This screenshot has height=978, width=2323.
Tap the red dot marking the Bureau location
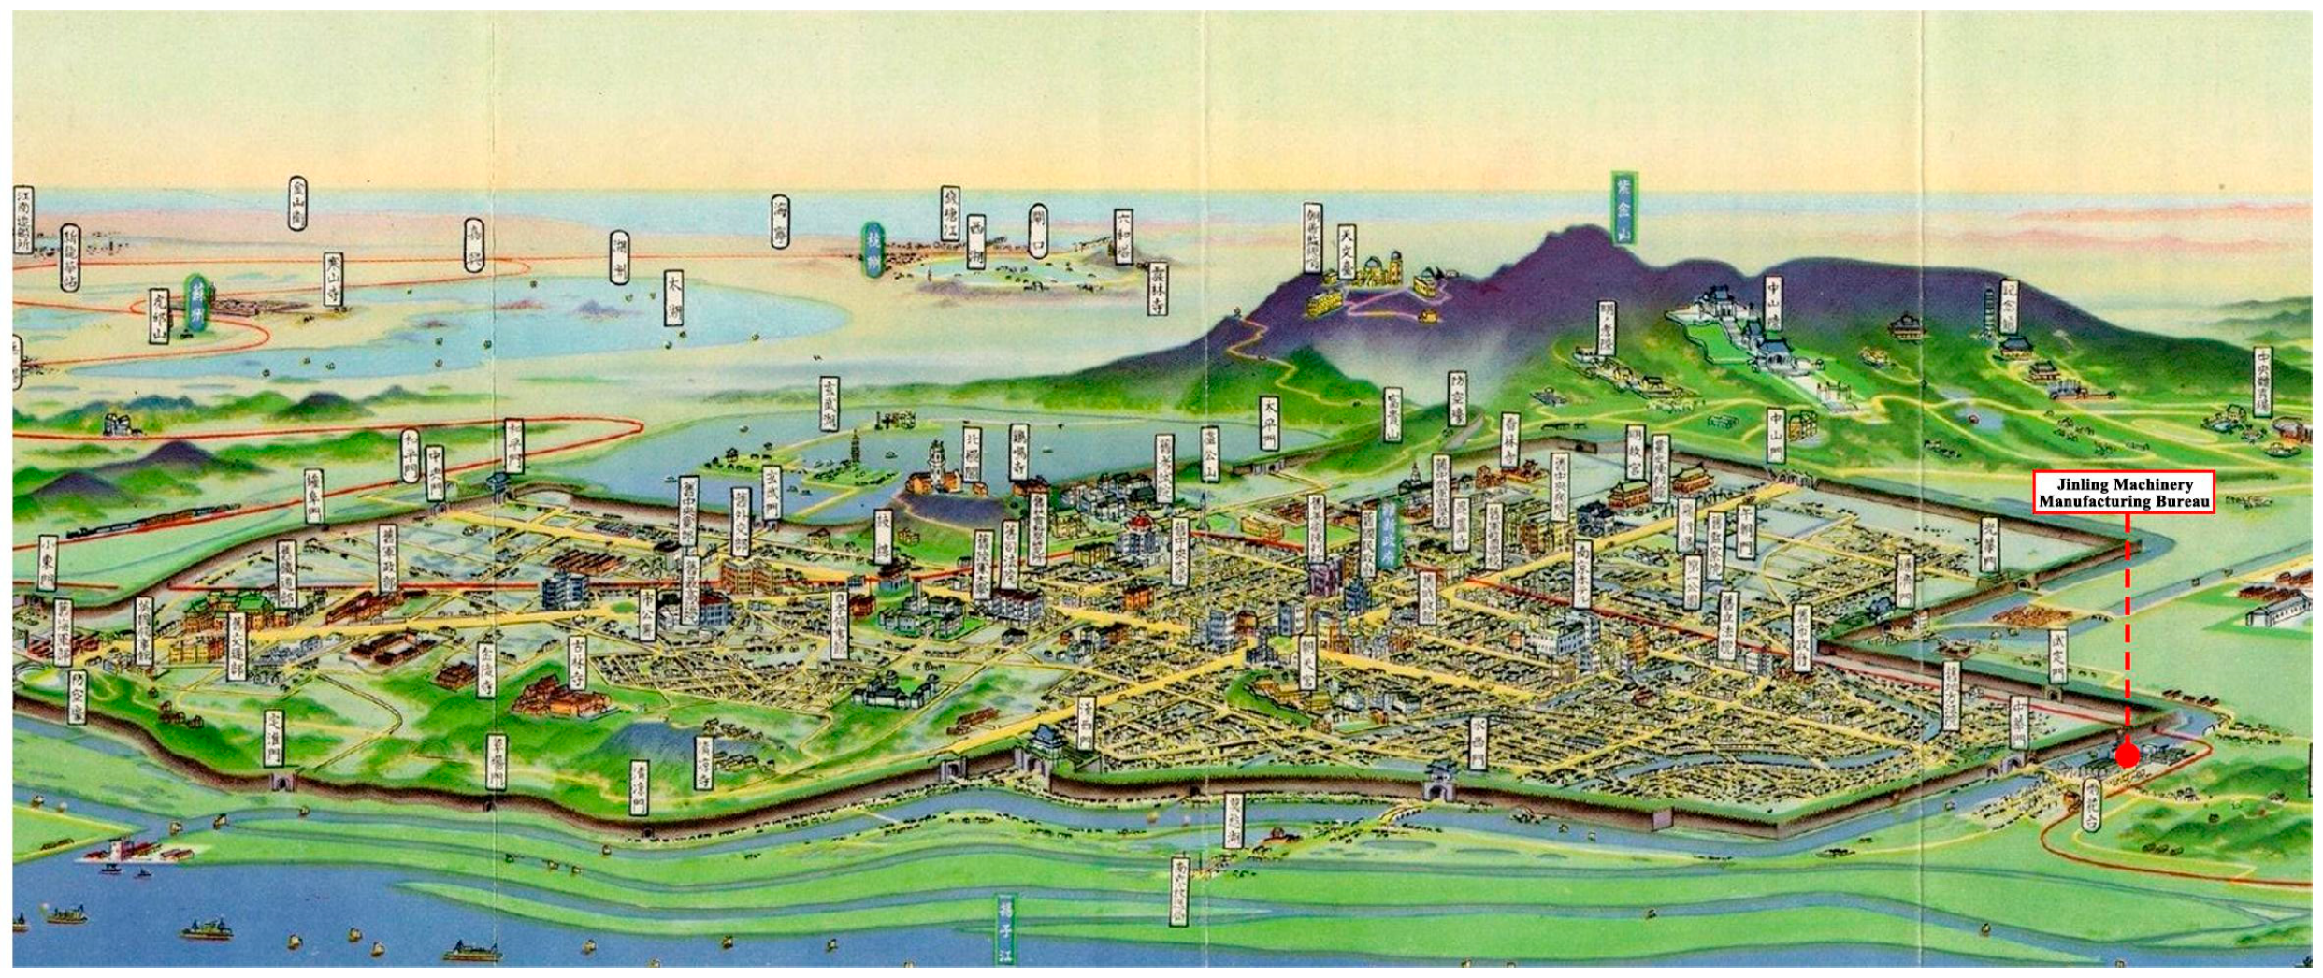(x=2127, y=755)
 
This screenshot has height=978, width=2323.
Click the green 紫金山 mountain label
(x=1623, y=210)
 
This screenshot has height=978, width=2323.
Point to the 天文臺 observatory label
(x=1346, y=247)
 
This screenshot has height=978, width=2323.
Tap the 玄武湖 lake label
(x=829, y=403)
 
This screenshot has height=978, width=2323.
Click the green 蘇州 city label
(x=195, y=301)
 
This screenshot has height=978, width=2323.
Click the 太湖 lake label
(x=673, y=298)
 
